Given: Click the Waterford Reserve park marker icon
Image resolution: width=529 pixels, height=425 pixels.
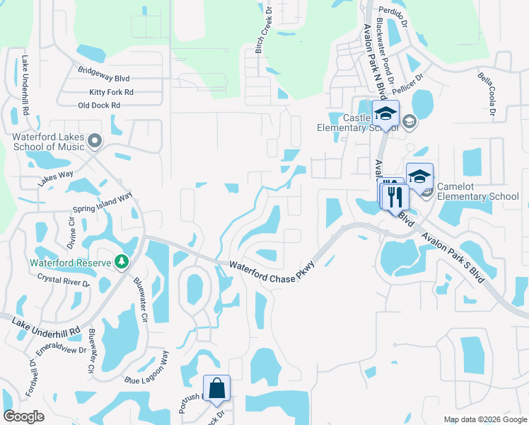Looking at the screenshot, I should tap(122, 262).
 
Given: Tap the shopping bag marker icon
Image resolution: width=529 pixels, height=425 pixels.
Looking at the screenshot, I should tap(216, 388).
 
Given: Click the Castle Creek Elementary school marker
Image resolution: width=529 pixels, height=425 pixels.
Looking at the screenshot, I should tap(386, 113).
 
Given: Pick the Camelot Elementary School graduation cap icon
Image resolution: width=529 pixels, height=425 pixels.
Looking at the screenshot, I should tap(419, 176).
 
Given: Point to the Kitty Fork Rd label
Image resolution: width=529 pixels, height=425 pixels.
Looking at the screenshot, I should tap(111, 92).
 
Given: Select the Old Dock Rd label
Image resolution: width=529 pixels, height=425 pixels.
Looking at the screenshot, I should tap(99, 106).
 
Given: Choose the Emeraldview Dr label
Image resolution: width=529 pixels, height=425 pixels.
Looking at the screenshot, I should tap(61, 350).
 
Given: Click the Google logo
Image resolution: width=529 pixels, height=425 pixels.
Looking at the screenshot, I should tap(23, 416).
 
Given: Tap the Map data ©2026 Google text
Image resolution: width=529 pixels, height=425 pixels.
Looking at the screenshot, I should tap(485, 419).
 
